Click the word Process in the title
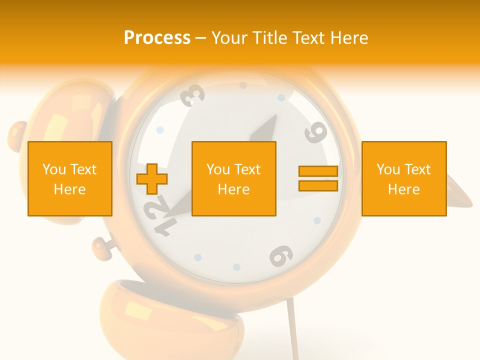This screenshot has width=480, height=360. coord(157,38)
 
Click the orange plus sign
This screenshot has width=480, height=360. coord(152,179)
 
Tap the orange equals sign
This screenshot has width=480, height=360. coord(318,178)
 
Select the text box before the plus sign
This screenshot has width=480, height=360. coord(70,178)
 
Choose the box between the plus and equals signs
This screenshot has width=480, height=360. coord(234,178)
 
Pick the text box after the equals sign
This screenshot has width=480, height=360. coord(404,178)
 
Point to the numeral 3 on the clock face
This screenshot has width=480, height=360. coord(192,95)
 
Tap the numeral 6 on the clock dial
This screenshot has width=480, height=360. coord(281,256)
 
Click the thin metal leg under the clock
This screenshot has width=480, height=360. coord(292,332)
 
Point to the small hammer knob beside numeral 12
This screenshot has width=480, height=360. coord(102,247)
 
